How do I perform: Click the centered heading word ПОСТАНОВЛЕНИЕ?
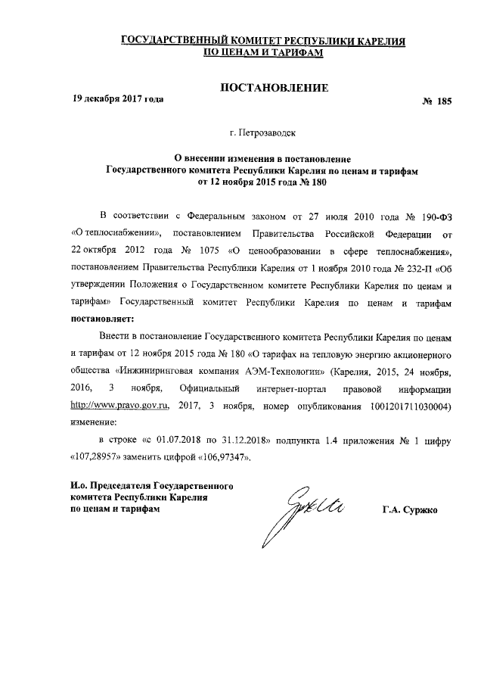pos(273,89)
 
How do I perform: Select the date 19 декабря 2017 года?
pos(117,99)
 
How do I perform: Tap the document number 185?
pos(442,101)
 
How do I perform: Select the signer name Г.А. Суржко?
pos(415,509)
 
